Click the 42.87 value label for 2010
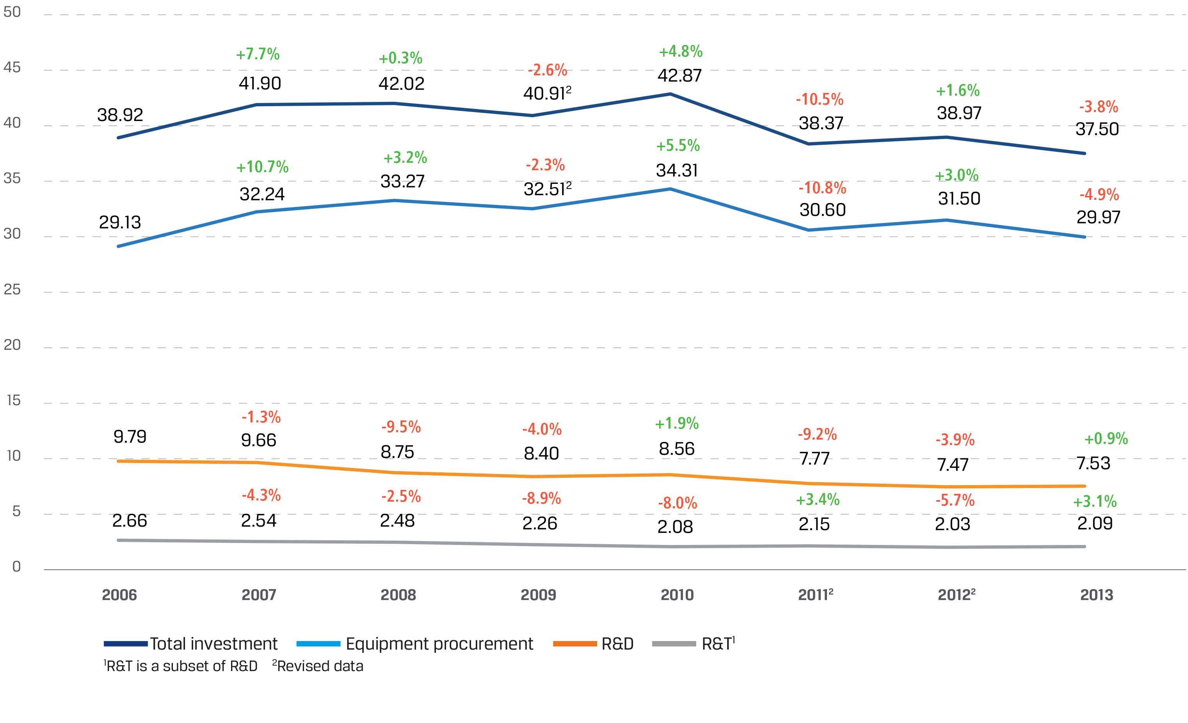tap(679, 76)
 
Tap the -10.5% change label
tap(819, 100)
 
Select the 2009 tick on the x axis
tap(538, 595)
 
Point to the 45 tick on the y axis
tap(12, 68)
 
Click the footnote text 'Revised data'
tap(320, 666)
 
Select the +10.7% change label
tap(262, 167)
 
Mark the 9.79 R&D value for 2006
tap(130, 436)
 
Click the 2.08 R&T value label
tap(675, 527)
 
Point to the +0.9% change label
tap(1106, 438)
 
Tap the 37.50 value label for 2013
tap(1097, 129)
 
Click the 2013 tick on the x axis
tap(1096, 595)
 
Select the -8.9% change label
tap(541, 498)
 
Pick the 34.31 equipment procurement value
tap(676, 170)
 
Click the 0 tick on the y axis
tap(16, 567)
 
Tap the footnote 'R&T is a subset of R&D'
tap(181, 666)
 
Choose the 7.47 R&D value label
tap(952, 465)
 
